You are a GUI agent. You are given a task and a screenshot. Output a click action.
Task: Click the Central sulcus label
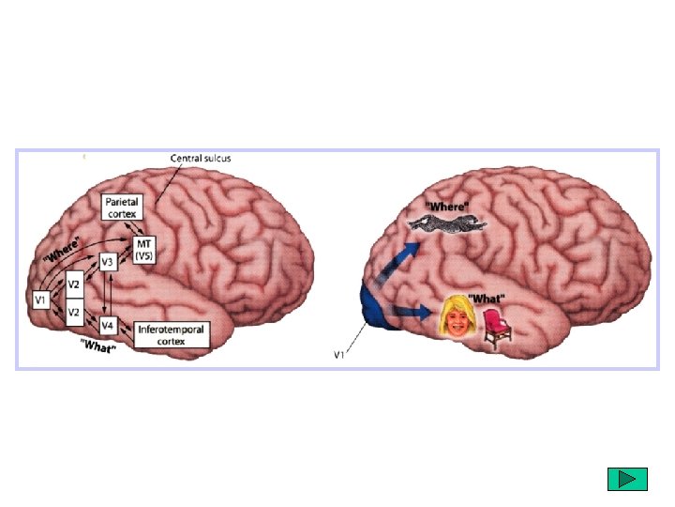click(200, 158)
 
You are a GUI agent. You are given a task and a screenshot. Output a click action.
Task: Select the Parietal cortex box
click(122, 207)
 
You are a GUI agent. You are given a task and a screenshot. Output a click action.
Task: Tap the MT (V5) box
click(144, 250)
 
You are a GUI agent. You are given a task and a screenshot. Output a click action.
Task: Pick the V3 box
click(107, 262)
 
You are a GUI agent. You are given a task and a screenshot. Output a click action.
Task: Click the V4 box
click(108, 326)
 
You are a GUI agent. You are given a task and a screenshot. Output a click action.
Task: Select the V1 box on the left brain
click(40, 299)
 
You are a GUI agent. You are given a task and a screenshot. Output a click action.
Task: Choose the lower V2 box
click(74, 311)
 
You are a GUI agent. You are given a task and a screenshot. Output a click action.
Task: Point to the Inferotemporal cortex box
click(172, 334)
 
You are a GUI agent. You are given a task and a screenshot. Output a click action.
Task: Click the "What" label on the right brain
click(488, 299)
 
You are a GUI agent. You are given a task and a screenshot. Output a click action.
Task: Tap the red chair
click(498, 322)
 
